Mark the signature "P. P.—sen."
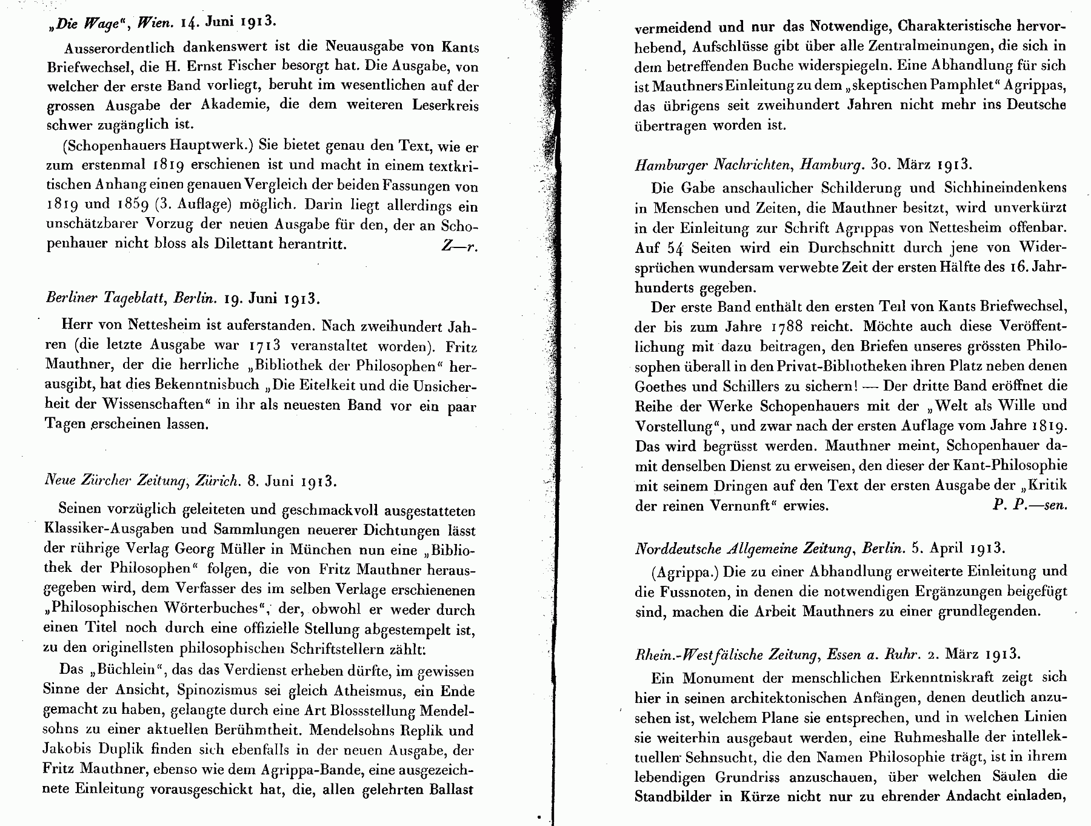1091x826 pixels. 1029,505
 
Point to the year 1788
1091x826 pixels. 788,326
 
